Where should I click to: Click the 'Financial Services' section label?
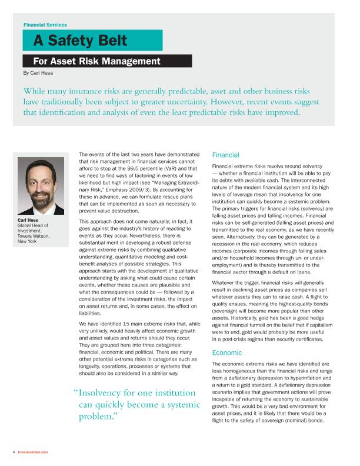click(x=45, y=25)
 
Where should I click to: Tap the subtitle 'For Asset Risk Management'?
click(x=96, y=61)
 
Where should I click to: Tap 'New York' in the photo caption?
click(x=28, y=241)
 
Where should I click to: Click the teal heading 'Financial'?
click(x=225, y=155)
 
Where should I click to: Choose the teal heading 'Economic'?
click(x=226, y=352)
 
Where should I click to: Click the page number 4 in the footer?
click(x=13, y=452)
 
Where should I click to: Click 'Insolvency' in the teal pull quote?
click(x=106, y=393)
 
